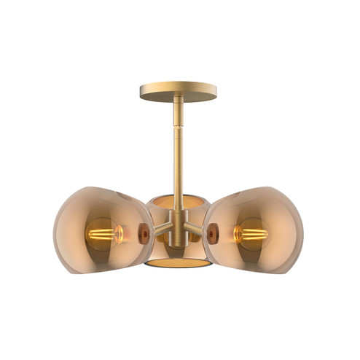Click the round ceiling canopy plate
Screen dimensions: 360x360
coord(178,90)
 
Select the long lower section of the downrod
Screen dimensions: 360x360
coord(179,168)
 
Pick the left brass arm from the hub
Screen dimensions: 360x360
coord(161,232)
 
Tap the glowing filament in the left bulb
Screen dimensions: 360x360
coord(102,235)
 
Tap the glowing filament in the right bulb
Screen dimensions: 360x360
coord(253,235)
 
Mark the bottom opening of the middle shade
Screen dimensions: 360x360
coord(177,262)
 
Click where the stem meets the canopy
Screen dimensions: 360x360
coord(179,101)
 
